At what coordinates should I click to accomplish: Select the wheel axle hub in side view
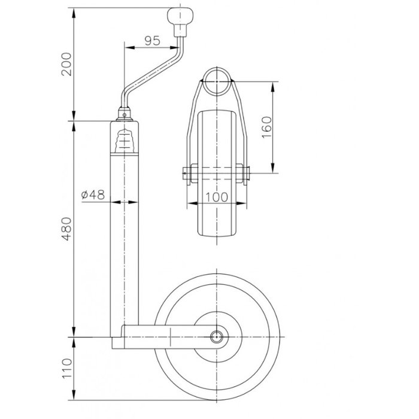pos(217,335)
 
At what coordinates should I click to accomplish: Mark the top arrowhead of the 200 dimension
pos(73,11)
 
